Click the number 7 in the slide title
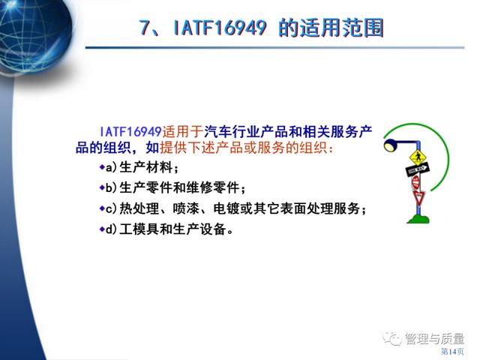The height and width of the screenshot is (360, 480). [x=145, y=28]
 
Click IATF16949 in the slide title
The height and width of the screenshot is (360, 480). [x=220, y=28]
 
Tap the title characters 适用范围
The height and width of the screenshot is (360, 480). [x=341, y=28]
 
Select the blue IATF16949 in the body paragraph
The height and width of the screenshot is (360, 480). [x=130, y=132]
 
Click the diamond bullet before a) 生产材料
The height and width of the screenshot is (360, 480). [x=102, y=167]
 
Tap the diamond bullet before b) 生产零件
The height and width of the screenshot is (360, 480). [x=102, y=187]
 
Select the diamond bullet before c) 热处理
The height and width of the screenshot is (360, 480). [x=102, y=208]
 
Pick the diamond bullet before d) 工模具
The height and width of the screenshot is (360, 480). [x=102, y=229]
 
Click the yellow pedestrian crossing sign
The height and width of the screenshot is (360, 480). [x=418, y=158]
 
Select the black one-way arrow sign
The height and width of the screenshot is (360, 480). [x=417, y=169]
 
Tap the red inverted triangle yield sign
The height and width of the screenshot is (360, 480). [x=418, y=197]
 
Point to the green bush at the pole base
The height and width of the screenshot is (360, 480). [x=418, y=219]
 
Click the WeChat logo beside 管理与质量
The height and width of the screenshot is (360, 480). [x=392, y=338]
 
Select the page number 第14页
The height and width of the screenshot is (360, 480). [x=452, y=352]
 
